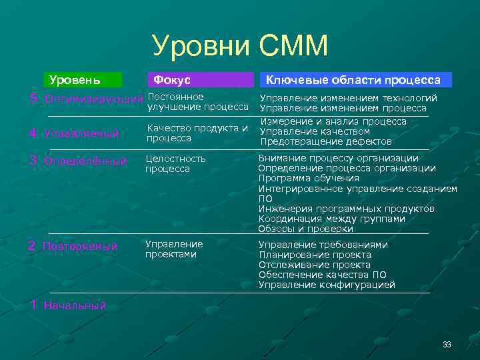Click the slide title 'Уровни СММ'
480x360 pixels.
pos(240,47)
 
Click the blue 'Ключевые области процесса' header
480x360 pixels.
pos(353,80)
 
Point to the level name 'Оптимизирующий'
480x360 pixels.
pos(93,99)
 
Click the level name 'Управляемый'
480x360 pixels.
pos(81,133)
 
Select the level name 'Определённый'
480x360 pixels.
pos(85,161)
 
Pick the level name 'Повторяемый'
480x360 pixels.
pos(80,247)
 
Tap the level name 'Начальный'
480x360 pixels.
pos(75,306)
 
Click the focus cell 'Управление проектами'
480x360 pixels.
pos(174,249)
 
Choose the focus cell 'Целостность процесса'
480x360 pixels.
pos(176,164)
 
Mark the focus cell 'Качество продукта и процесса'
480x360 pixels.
pos(197,133)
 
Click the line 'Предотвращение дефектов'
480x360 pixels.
pos(326,141)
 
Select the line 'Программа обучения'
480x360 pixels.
pos(309,178)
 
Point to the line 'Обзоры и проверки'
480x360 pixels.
pos(307,229)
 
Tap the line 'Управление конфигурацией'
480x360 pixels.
pos(327,285)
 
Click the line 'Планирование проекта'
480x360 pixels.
pos(315,255)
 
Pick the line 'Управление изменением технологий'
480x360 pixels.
pos(348,98)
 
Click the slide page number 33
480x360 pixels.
pos(447,344)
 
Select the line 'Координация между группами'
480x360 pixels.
pos(331,219)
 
